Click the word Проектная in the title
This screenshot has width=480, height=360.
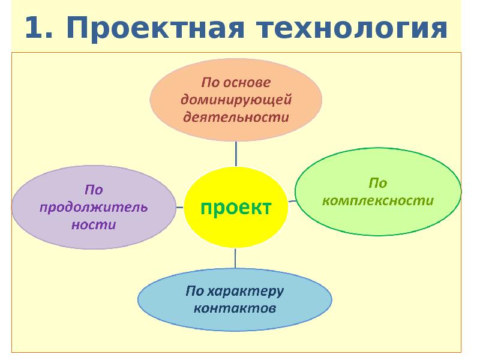[155, 28]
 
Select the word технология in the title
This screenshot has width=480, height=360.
[352, 28]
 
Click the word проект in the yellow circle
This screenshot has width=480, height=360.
[236, 208]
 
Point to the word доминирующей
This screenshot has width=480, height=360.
[236, 100]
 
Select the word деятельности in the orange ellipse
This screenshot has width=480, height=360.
[236, 117]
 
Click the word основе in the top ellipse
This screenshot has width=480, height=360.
[247, 83]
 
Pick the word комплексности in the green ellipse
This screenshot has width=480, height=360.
[378, 201]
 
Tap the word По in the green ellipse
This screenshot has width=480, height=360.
[378, 183]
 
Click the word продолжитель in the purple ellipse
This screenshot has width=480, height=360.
[94, 208]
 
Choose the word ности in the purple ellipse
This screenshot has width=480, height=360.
[94, 225]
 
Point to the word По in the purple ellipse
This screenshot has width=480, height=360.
[94, 190]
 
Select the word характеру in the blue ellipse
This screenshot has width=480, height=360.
[245, 292]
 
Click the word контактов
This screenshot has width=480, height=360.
[235, 308]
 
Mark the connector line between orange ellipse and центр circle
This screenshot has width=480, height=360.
[236, 154]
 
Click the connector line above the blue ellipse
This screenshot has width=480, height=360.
[235, 258]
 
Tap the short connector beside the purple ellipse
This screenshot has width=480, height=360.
[179, 207]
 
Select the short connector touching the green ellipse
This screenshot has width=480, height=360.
[292, 201]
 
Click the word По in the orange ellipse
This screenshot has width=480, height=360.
[211, 83]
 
